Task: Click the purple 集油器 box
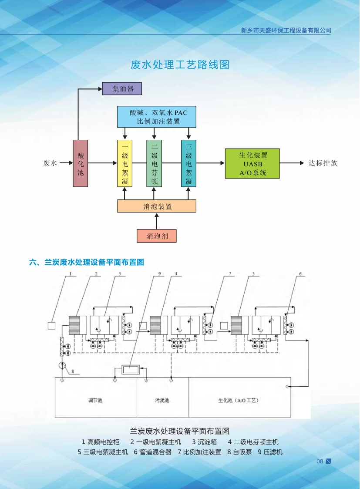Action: tap(122, 89)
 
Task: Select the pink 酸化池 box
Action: tap(80, 163)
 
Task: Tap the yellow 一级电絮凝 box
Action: tap(124, 163)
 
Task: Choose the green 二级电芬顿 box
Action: tap(154, 163)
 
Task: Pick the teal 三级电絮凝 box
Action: tap(188, 163)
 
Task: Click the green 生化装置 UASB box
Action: tap(252, 163)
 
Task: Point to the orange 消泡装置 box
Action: tap(156, 206)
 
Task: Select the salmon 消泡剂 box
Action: tap(156, 236)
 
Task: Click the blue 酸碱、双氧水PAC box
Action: tap(156, 117)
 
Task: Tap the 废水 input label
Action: tap(50, 163)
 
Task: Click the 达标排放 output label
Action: tap(323, 163)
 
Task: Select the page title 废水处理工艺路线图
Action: tap(180, 65)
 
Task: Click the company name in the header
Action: tap(286, 30)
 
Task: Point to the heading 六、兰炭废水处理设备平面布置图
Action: tap(86, 262)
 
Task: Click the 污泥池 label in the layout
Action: tap(161, 400)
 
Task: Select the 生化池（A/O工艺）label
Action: tap(238, 400)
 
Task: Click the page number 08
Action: tap(320, 462)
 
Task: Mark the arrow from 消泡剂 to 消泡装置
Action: tap(156, 221)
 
